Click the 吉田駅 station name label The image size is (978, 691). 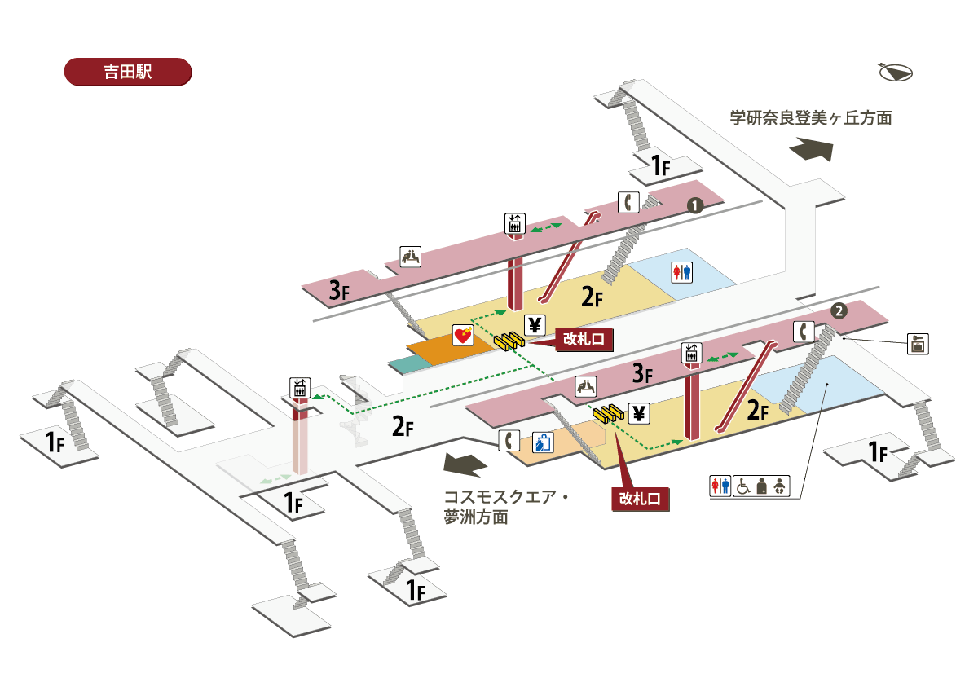coord(127,71)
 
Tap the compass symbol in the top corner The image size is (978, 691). coord(896,73)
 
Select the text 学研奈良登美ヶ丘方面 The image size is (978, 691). coord(810,118)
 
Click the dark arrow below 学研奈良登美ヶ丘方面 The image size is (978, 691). coord(810,152)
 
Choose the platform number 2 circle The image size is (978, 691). coord(839,310)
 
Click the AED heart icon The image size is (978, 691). coord(464,335)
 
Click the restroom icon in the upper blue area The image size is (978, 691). coord(681,272)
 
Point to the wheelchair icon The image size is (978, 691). coord(743,486)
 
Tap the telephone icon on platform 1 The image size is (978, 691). coord(628,201)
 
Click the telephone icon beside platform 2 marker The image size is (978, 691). coord(804,332)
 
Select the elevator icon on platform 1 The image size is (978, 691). coord(514,224)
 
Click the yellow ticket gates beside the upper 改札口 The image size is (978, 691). coord(509,342)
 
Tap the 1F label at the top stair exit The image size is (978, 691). coord(660,167)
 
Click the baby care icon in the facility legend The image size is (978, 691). coord(781,486)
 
